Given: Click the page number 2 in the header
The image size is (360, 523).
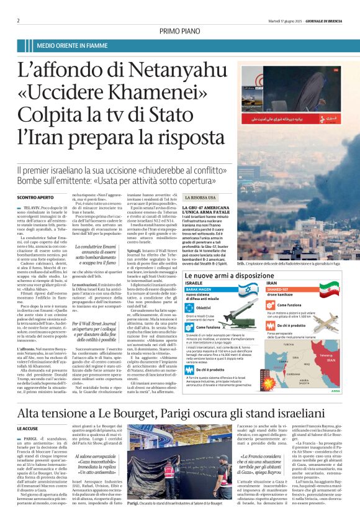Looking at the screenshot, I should coord(18,20).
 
